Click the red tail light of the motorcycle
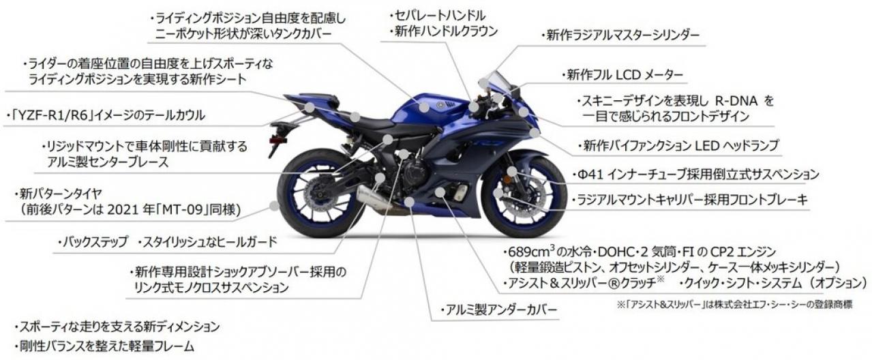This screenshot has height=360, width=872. tap(278, 140)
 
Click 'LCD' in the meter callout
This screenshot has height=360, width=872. tap(627, 75)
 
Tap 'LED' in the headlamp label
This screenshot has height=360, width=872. tap(706, 145)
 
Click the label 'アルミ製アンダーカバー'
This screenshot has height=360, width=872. tap(501, 310)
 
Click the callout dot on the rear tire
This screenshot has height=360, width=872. tap(275, 205)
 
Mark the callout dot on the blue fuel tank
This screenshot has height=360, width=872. tap(424, 106)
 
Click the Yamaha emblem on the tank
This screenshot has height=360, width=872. tap(440, 105)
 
